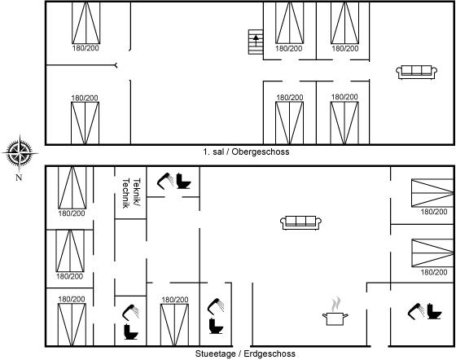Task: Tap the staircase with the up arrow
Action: [x=256, y=42]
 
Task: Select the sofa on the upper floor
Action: [x=416, y=72]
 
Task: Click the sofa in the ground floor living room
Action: [x=300, y=222]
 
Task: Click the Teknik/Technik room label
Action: [x=131, y=193]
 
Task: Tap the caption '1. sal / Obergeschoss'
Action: [x=246, y=151]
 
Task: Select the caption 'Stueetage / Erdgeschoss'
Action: [x=245, y=353]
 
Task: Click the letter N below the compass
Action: [x=19, y=177]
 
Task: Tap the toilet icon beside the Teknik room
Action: [x=183, y=181]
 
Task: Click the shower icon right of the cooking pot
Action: [x=416, y=311]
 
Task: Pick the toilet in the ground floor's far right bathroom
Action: [x=435, y=311]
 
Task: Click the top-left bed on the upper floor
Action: [x=86, y=23]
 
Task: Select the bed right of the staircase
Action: [x=289, y=23]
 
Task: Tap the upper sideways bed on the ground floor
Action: [x=432, y=193]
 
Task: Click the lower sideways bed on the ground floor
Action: [x=432, y=252]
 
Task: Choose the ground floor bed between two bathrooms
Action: [x=174, y=325]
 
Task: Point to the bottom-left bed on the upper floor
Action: [x=85, y=123]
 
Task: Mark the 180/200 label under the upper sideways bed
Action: [x=434, y=212]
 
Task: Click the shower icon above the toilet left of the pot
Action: [x=216, y=306]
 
